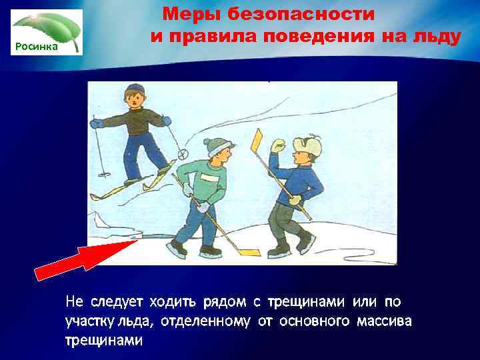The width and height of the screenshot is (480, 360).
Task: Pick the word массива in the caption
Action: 383,321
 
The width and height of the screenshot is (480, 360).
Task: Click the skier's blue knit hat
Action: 135,89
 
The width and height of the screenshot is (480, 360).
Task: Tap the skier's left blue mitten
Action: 97,123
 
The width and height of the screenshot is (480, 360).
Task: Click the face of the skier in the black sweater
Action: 135,101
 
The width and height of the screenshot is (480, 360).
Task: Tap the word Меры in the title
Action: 192,14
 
